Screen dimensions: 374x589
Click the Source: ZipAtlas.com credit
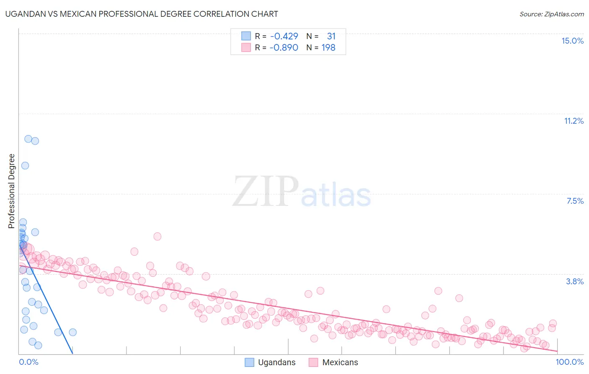[x=551, y=14]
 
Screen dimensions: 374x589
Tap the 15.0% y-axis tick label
[x=572, y=41]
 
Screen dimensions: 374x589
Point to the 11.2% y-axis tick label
[x=573, y=121]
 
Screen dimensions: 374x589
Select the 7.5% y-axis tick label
[x=575, y=201]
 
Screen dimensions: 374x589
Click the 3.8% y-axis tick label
[x=575, y=281]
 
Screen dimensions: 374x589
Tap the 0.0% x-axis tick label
[x=28, y=362]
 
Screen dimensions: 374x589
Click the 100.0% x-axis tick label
[x=569, y=362]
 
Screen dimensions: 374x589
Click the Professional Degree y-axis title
[x=12, y=191]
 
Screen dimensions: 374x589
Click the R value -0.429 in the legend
[x=284, y=36]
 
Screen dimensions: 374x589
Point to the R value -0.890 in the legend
[x=284, y=47]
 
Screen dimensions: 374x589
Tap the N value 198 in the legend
[x=328, y=47]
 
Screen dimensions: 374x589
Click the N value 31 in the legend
[x=331, y=36]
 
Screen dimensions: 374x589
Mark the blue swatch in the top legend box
[x=246, y=36]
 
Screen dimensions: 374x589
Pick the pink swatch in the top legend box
[x=246, y=47]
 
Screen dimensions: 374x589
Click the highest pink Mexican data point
[x=158, y=236]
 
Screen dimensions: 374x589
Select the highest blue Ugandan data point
[x=28, y=139]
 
